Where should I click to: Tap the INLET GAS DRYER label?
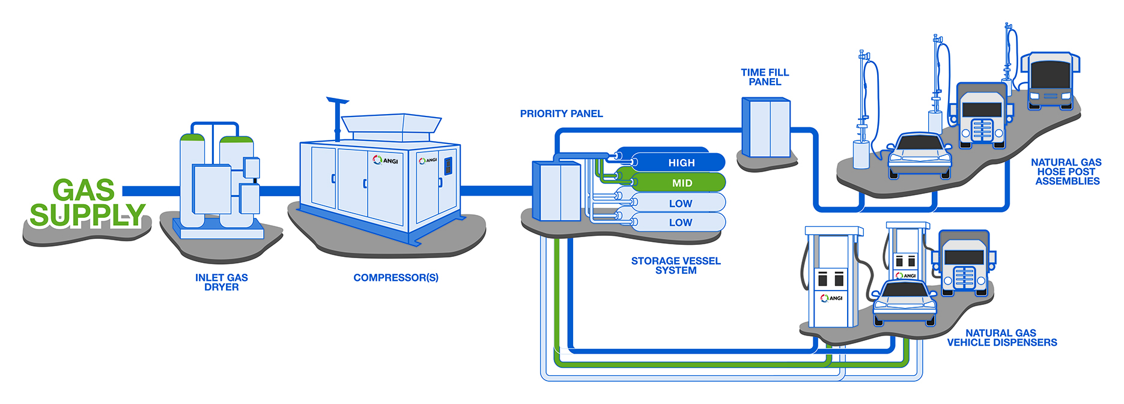coord(221,282)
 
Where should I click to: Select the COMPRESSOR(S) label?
coord(395,277)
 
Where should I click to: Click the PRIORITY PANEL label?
coord(561,113)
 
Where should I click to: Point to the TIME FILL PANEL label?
coord(764,77)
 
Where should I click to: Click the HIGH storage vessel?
coord(679,163)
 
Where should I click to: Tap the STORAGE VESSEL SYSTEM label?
coord(675,265)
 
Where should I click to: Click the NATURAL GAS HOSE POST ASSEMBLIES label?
coord(1066,172)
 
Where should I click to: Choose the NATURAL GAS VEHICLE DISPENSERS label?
coord(1001,337)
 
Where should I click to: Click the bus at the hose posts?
coord(1050,81)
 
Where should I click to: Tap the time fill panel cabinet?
coord(766,127)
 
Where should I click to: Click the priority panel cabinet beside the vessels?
coord(557,191)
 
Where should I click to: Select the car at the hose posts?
coord(919,155)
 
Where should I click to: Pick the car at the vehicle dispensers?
coord(905,300)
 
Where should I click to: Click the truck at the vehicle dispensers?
coord(963,262)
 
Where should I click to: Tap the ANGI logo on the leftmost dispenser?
coord(832,298)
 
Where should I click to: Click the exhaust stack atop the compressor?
coord(337,117)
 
